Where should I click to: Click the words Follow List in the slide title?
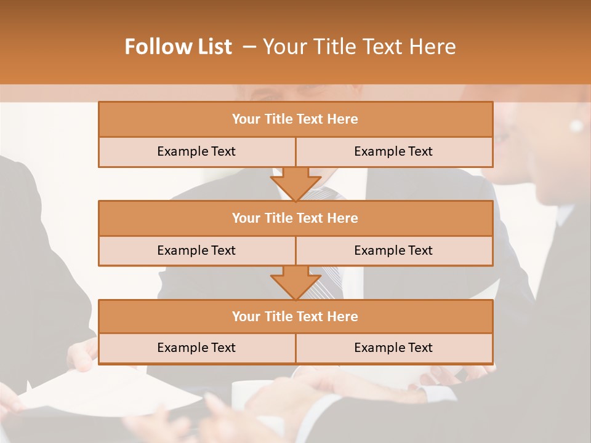[x=179, y=47]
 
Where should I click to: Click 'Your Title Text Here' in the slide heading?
[x=360, y=47]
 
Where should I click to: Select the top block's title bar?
[x=295, y=119]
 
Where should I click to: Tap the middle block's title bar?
[x=295, y=218]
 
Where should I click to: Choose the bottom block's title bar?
[x=295, y=316]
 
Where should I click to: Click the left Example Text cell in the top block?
[x=196, y=151]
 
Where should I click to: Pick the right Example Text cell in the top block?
[x=393, y=151]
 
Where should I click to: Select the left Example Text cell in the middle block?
[x=196, y=250]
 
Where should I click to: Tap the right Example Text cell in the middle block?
[x=393, y=250]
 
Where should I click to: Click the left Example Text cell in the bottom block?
[x=196, y=348]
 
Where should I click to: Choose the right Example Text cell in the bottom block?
[x=393, y=348]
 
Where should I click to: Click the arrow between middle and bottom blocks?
[x=295, y=282]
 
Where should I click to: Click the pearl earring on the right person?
[x=576, y=126]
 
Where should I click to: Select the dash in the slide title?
[x=249, y=47]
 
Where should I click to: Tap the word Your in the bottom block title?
[x=246, y=316]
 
